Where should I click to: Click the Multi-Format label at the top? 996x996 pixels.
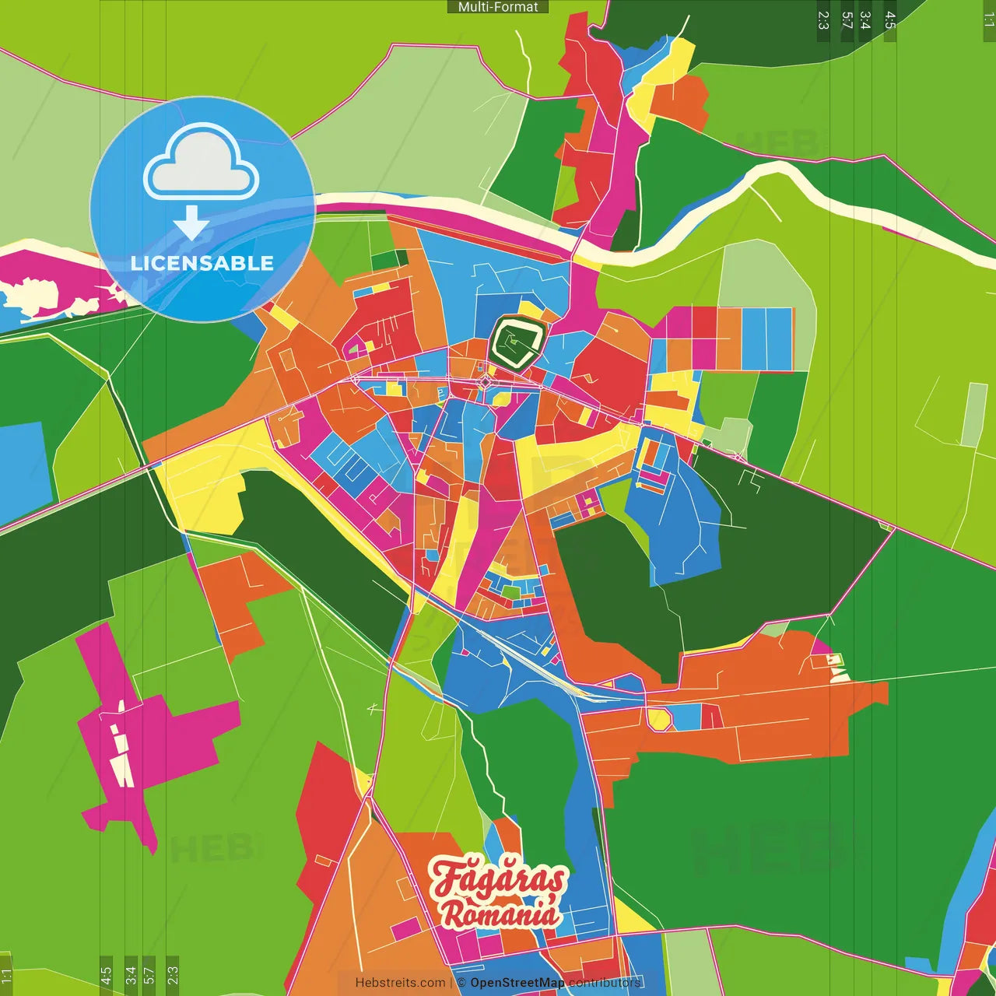(498, 7)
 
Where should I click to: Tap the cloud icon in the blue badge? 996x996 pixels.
(202, 163)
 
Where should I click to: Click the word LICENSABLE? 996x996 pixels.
(202, 263)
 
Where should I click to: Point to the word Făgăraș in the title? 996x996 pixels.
(498, 879)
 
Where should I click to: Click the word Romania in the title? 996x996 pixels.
(501, 914)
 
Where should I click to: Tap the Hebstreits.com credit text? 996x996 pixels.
(400, 983)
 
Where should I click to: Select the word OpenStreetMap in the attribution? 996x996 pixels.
(517, 983)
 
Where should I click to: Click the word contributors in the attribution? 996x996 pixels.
(605, 983)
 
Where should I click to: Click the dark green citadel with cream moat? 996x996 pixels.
(516, 342)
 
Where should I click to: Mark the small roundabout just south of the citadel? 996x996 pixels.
(486, 382)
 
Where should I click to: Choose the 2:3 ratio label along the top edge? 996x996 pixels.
(823, 20)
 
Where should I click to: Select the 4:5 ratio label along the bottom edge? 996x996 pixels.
(106, 974)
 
